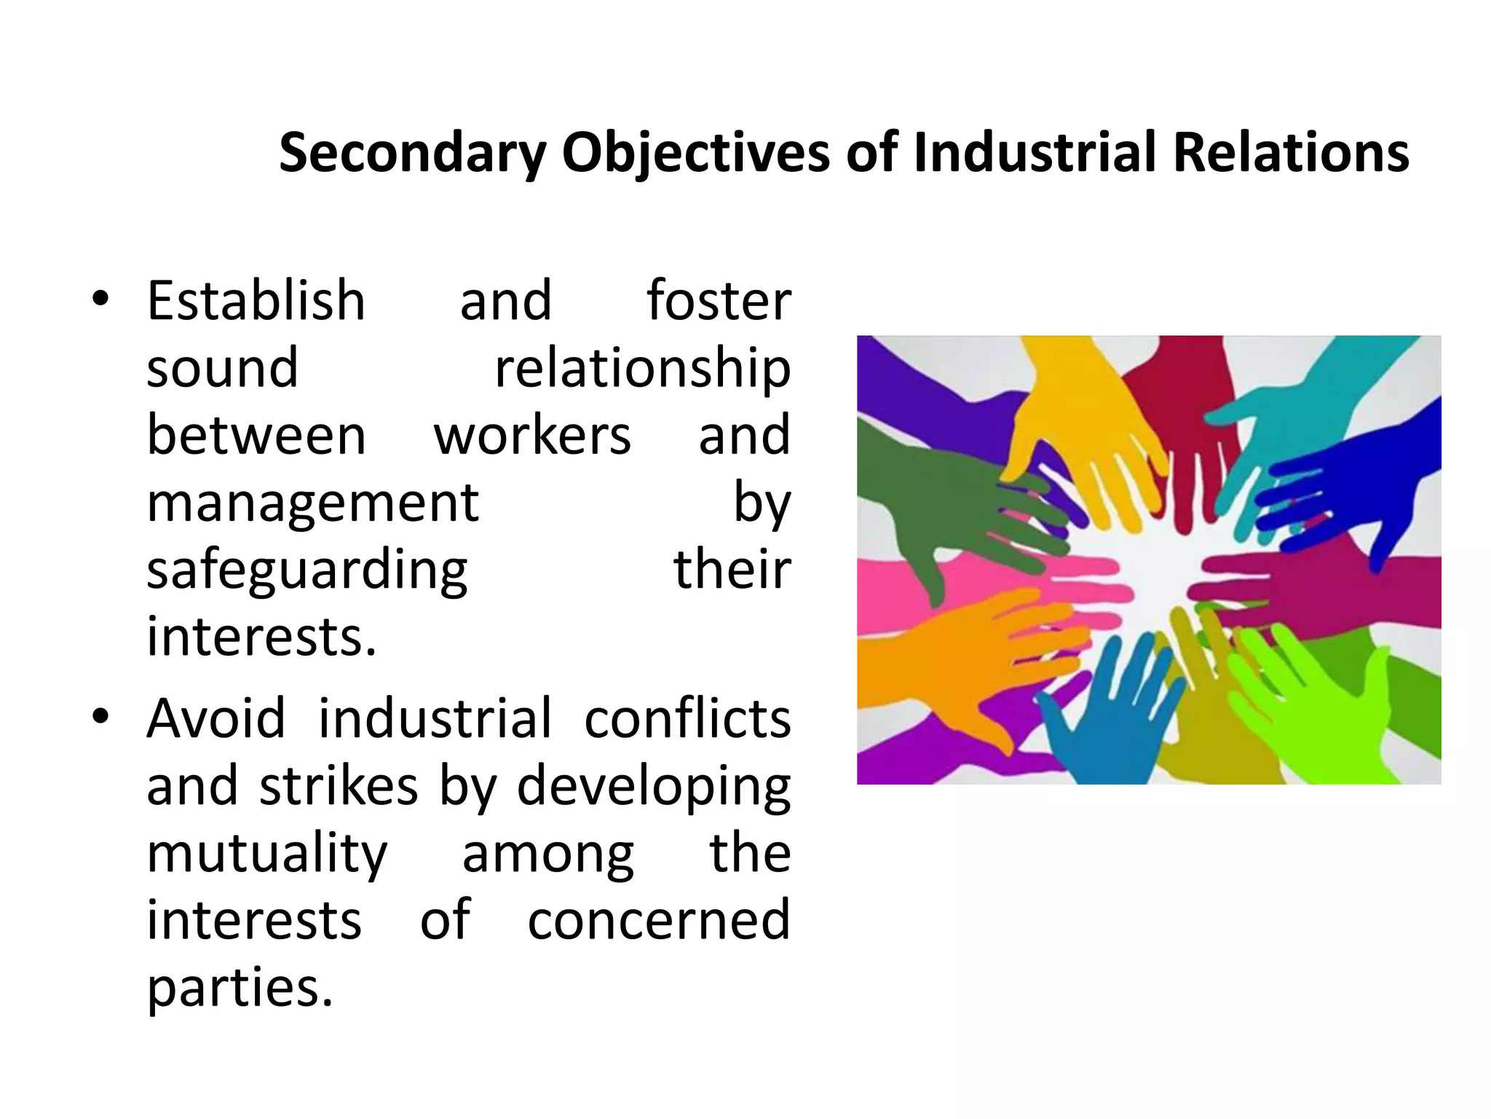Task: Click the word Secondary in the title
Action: point(413,154)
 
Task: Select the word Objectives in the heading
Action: point(695,154)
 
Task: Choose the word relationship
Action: point(643,369)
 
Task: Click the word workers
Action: point(532,435)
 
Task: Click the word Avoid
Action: point(216,718)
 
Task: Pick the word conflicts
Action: point(687,718)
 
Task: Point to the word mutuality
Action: point(267,855)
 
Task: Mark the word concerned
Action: point(659,920)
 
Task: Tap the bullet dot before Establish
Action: point(100,299)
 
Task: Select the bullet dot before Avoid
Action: point(100,716)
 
